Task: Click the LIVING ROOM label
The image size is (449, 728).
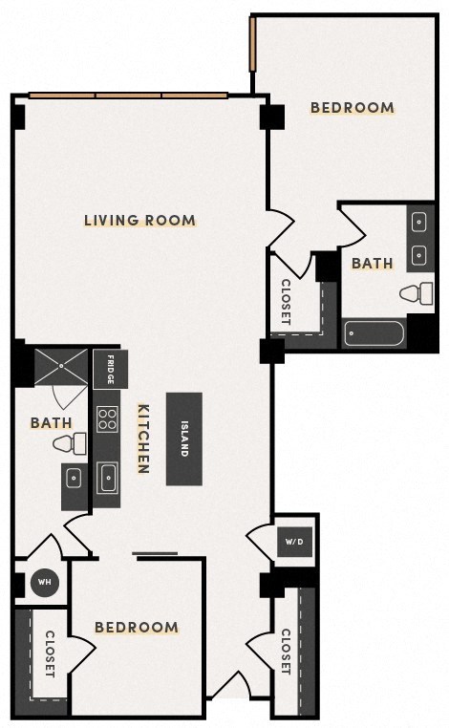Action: click(x=139, y=221)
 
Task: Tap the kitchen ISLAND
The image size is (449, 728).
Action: click(x=184, y=439)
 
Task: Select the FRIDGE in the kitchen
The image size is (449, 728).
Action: click(x=110, y=368)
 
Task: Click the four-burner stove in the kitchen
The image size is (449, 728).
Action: click(x=108, y=419)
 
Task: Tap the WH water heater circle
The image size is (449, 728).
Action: click(x=44, y=583)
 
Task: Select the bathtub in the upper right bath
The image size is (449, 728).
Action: click(x=374, y=335)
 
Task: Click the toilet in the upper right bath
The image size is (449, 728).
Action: click(x=417, y=293)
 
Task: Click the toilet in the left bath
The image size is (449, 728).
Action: click(x=70, y=443)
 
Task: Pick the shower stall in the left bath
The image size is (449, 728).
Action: click(x=61, y=368)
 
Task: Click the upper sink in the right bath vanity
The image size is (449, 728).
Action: click(x=419, y=222)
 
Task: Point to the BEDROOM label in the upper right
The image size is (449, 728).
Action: click(x=353, y=108)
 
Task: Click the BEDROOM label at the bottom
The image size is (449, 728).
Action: click(x=136, y=628)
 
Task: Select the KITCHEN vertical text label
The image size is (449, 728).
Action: click(x=142, y=439)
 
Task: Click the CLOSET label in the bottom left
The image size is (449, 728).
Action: click(x=50, y=653)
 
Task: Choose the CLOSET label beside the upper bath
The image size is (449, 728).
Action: click(x=286, y=301)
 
